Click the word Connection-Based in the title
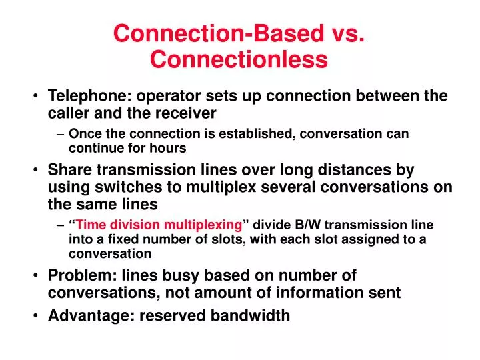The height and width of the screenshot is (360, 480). [x=213, y=33]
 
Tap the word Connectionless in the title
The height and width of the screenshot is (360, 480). [x=239, y=59]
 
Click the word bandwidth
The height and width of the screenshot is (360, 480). [x=255, y=315]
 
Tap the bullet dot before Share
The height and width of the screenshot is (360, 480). [x=35, y=171]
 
